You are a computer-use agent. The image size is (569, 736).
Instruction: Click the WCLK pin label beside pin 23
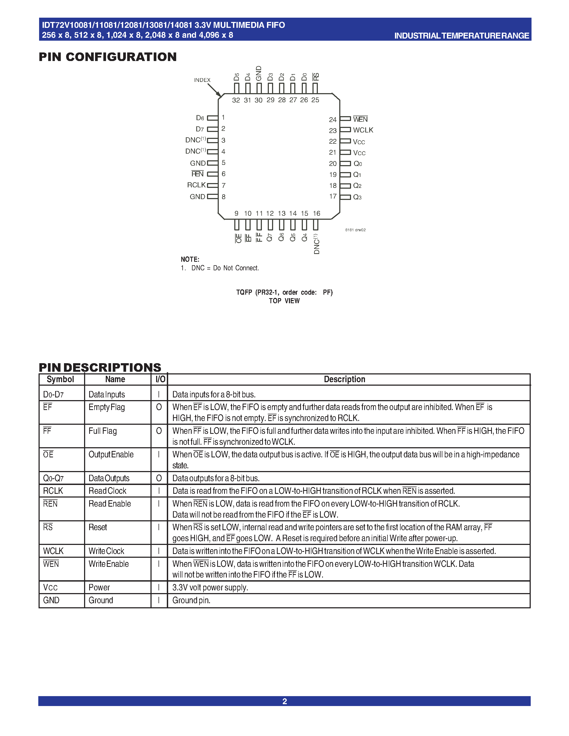[363, 130]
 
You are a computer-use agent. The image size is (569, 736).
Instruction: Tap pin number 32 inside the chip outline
[236, 100]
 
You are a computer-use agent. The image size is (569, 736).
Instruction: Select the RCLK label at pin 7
[196, 185]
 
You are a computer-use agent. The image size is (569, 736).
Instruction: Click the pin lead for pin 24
[345, 119]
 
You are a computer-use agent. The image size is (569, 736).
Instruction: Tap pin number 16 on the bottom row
[316, 213]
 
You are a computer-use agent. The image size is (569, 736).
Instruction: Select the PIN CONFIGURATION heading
[108, 57]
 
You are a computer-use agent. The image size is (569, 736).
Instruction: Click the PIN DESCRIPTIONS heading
[100, 367]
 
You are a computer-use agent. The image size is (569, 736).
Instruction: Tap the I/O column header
[160, 380]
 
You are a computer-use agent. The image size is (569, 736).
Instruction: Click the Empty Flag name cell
[107, 407]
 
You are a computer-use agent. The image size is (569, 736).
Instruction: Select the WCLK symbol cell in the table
[53, 551]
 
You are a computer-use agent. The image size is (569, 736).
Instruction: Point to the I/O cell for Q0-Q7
[159, 478]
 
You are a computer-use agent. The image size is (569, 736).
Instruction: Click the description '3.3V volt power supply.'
[210, 587]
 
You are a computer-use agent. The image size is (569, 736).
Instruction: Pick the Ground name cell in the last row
[101, 600]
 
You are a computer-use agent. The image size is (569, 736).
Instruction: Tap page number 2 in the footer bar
[284, 701]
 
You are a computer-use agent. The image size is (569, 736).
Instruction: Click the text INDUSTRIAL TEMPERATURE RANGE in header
[461, 36]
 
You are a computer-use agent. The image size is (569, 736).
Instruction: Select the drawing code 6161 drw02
[355, 230]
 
